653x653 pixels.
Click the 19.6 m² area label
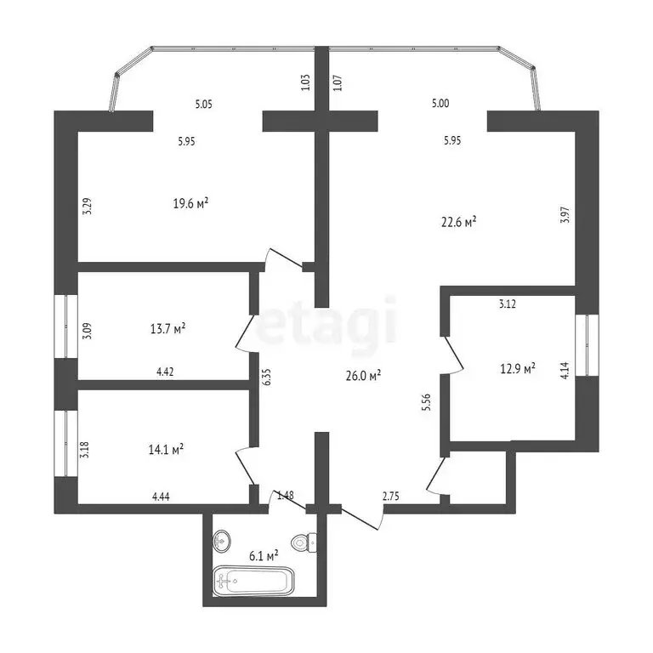[x=190, y=204]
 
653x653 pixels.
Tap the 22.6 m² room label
[x=459, y=222]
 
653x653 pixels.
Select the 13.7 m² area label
[x=168, y=329]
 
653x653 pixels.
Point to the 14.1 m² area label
[x=166, y=449]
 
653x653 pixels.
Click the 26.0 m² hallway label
[x=364, y=376]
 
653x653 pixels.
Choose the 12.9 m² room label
[x=518, y=368]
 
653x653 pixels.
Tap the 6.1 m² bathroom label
[x=264, y=555]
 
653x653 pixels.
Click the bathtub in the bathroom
[x=253, y=581]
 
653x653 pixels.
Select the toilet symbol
[x=304, y=542]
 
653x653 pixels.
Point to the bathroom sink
[x=222, y=541]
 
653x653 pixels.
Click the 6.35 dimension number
[x=267, y=376]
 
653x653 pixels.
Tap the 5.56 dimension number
[x=427, y=403]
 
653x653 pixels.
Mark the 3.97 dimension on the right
[x=565, y=215]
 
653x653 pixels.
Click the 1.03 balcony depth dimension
[x=305, y=82]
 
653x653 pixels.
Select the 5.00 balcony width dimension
[x=440, y=103]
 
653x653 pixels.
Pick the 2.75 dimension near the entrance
[x=390, y=496]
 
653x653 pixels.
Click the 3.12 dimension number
[x=508, y=304]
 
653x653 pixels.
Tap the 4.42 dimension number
[x=165, y=372]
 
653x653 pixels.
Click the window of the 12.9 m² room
[x=587, y=345]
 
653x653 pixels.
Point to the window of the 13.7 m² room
[x=66, y=326]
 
